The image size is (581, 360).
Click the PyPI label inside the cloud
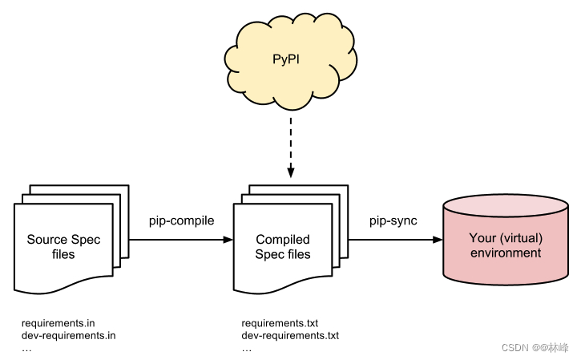[x=289, y=59]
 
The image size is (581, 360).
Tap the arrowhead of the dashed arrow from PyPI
[x=290, y=172]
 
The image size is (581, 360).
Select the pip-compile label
[x=182, y=220]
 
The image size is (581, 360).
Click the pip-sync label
[x=393, y=220]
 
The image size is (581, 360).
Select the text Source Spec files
[x=63, y=246]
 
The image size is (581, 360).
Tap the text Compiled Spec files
[x=283, y=246]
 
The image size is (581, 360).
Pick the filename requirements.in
[x=59, y=323]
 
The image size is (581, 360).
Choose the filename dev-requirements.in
[x=69, y=336]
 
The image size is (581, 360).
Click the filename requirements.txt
[x=280, y=323]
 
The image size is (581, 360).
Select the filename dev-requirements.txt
[x=290, y=336]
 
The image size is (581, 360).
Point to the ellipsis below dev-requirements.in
[x=26, y=349]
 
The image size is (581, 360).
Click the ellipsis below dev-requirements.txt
[x=247, y=349]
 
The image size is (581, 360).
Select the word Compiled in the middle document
[x=283, y=239]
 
